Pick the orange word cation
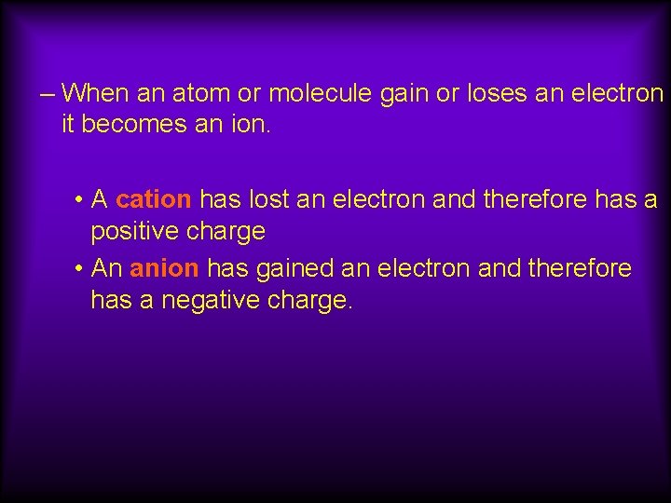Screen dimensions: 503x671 pos(154,199)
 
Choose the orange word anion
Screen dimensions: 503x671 pos(164,269)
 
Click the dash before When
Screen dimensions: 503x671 pos(49,93)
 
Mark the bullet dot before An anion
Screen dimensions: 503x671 pos(83,270)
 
